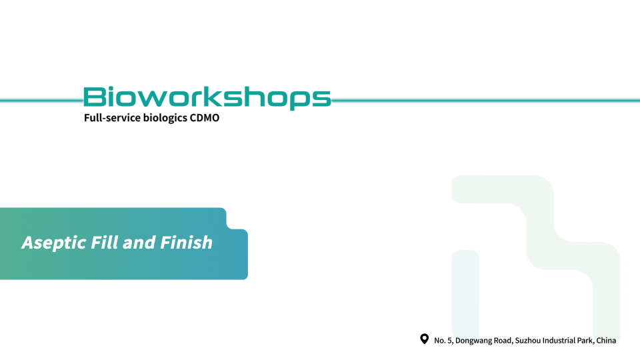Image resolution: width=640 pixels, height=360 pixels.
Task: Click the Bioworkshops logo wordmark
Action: pos(207,98)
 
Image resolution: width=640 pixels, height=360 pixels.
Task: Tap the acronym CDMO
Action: pos(205,117)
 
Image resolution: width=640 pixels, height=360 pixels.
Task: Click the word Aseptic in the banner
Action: pos(54,243)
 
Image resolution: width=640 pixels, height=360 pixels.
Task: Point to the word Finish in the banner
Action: pos(186,242)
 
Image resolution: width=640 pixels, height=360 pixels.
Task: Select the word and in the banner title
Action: pos(139,243)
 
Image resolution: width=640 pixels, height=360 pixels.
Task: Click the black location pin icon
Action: pos(425,339)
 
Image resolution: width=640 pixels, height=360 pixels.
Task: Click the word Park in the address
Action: pos(586,341)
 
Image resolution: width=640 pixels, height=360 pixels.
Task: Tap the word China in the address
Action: pos(606,341)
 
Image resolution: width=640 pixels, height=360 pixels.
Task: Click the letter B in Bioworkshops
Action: pos(94,97)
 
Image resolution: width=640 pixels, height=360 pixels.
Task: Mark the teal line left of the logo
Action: pos(41,101)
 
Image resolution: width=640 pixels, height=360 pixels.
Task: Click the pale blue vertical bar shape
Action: pos(465,294)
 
